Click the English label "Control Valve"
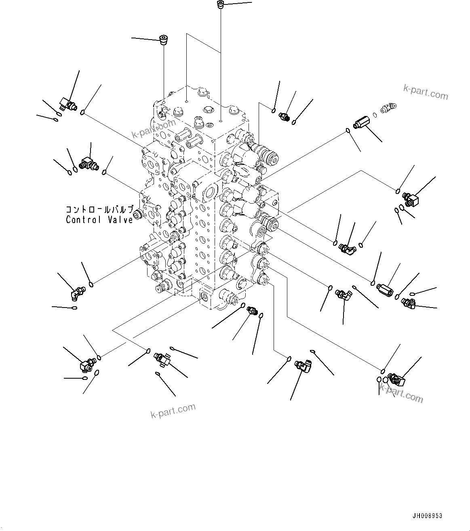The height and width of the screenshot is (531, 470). tap(99, 220)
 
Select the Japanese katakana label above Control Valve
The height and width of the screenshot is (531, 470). tap(99, 210)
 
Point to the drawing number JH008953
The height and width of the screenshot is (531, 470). tap(427, 516)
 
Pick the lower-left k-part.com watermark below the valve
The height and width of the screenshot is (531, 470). tap(173, 411)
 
